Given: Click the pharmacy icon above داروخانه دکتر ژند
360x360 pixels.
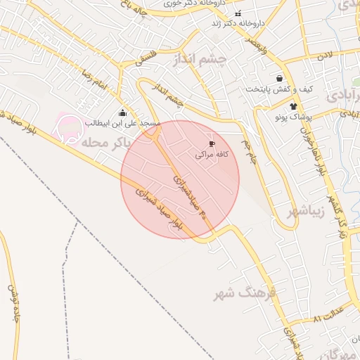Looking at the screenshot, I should [238, 13].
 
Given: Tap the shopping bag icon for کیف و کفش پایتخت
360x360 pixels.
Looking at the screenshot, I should [281, 79].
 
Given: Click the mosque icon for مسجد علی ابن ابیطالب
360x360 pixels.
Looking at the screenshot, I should [123, 112].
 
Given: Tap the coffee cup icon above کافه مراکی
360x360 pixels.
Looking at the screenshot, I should [212, 143].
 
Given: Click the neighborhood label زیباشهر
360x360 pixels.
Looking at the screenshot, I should [306, 211].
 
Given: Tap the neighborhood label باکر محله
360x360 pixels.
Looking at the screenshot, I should [106, 141].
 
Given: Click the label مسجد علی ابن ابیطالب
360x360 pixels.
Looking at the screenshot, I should [123, 123].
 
